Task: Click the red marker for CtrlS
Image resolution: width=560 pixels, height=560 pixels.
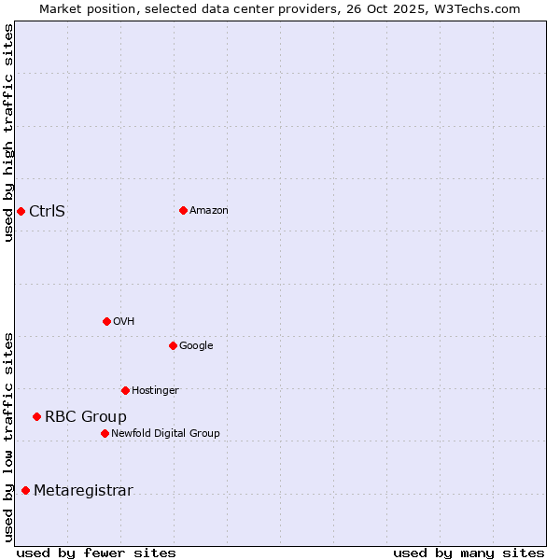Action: pyautogui.click(x=21, y=211)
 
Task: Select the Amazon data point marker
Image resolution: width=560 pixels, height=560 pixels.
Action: pyautogui.click(x=183, y=210)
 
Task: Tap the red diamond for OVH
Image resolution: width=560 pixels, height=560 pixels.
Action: pyautogui.click(x=106, y=321)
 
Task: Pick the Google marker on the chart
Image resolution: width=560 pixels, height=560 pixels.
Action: pyautogui.click(x=173, y=345)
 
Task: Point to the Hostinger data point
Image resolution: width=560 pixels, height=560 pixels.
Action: pyautogui.click(x=125, y=390)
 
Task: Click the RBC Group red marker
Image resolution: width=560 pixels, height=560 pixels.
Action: pyautogui.click(x=36, y=416)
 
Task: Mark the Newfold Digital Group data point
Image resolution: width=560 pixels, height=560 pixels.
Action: pyautogui.click(x=105, y=433)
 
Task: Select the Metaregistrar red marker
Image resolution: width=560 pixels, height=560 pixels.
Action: pyautogui.click(x=25, y=490)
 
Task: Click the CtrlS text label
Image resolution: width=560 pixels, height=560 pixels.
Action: pyautogui.click(x=47, y=211)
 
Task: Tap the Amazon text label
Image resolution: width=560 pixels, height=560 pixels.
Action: pyautogui.click(x=209, y=211)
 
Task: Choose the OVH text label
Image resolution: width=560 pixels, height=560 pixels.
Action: pyautogui.click(x=124, y=322)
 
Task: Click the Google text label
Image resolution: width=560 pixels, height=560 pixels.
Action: pyautogui.click(x=196, y=346)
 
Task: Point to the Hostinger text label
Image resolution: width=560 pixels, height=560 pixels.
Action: pyautogui.click(x=155, y=390)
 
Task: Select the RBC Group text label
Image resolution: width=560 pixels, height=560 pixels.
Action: pyautogui.click(x=86, y=417)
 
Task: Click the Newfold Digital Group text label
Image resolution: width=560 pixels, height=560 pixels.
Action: pyautogui.click(x=165, y=433)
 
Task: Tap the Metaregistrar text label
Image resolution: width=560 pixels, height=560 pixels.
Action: pyautogui.click(x=83, y=491)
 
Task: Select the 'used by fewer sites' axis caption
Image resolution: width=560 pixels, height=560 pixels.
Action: pyautogui.click(x=96, y=553)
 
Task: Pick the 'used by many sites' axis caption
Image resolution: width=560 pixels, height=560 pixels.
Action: pyautogui.click(x=469, y=553)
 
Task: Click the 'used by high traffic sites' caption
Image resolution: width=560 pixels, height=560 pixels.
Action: pyautogui.click(x=8, y=133)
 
